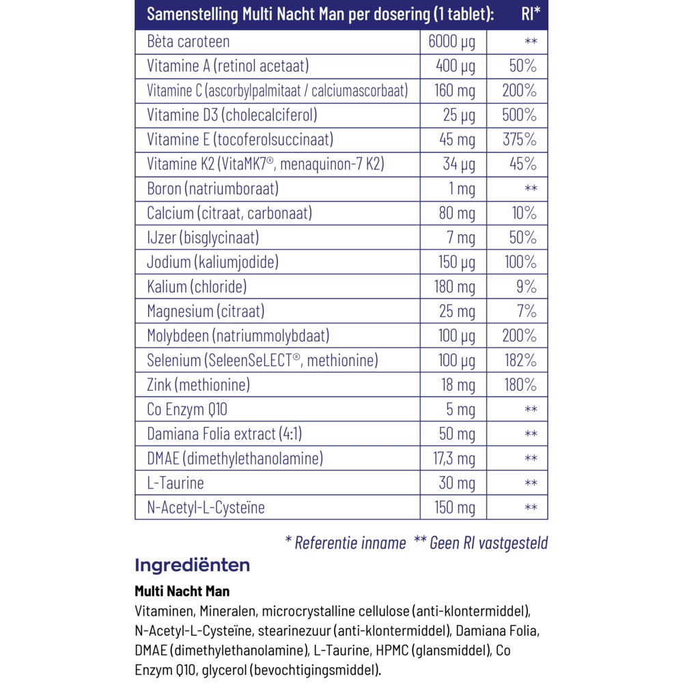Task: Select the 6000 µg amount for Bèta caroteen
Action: [451, 42]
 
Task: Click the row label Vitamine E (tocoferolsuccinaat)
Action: [240, 140]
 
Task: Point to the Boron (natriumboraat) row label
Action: [212, 189]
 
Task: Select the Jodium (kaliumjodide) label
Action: [212, 262]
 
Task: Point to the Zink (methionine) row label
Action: [198, 385]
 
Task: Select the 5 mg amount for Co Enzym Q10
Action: [462, 409]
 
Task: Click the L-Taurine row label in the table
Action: [176, 483]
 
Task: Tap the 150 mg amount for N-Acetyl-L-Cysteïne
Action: [455, 507]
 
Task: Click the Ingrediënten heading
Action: [193, 566]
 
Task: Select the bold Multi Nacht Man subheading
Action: [182, 591]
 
